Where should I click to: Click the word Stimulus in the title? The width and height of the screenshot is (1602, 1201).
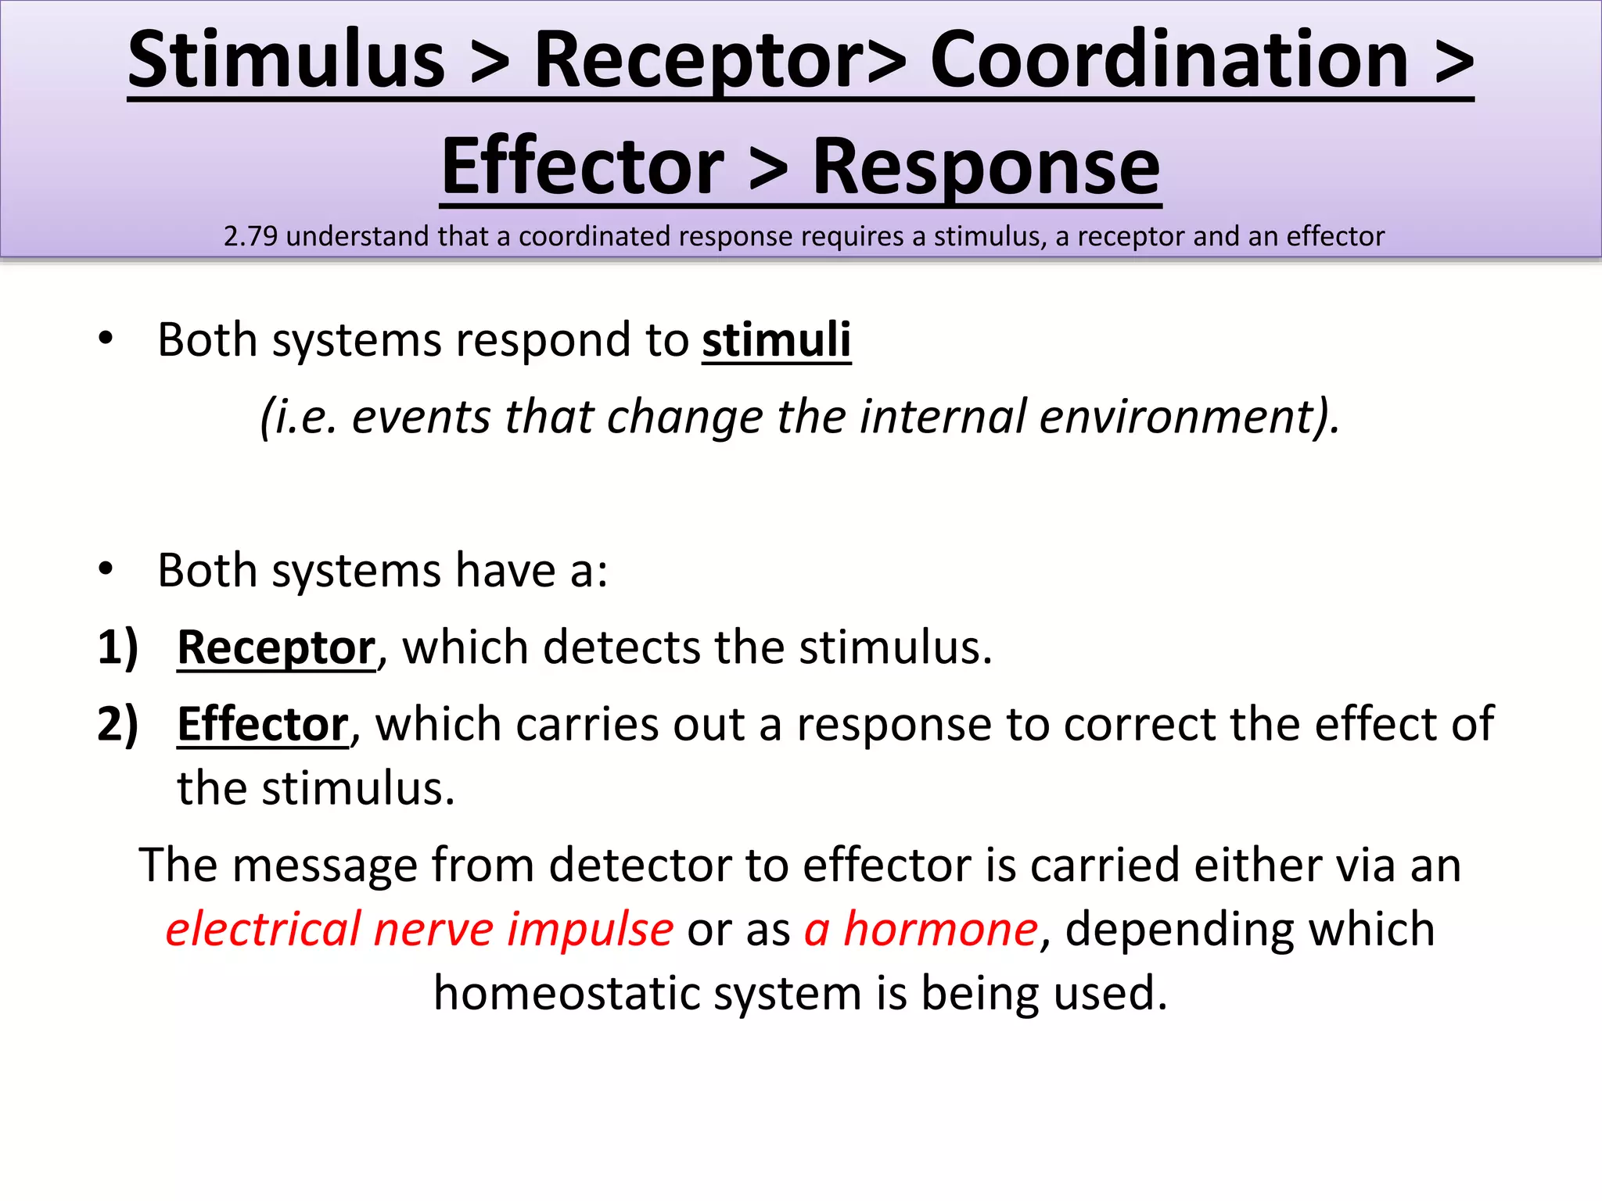[286, 61]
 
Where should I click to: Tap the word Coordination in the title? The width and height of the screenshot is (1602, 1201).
[1169, 61]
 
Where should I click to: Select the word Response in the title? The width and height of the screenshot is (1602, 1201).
[986, 167]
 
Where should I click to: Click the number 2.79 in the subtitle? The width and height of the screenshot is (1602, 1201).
[250, 236]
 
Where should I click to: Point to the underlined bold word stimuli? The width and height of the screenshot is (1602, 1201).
[776, 340]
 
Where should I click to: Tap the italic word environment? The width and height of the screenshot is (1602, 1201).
[1181, 416]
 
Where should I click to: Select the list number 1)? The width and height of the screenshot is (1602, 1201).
[117, 648]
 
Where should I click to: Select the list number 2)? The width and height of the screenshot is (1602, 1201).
[117, 724]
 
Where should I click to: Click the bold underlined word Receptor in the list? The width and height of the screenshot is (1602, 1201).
[276, 648]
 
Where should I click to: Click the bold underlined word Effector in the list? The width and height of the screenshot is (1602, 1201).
[263, 724]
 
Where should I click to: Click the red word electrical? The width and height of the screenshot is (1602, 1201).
[263, 930]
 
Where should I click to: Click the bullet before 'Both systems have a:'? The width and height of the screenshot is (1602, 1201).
[106, 570]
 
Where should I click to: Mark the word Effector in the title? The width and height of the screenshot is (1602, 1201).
[583, 167]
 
